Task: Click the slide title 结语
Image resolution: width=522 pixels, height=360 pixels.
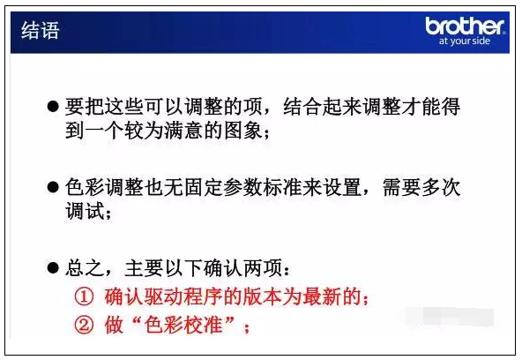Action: [41, 30]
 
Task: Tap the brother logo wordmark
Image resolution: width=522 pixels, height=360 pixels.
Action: [465, 26]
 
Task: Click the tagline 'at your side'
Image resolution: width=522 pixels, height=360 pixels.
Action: [465, 41]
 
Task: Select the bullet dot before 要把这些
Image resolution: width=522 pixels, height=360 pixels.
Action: [53, 107]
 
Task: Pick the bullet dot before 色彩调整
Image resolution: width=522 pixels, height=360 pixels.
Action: [53, 187]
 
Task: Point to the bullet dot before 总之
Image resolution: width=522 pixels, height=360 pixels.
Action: [53, 267]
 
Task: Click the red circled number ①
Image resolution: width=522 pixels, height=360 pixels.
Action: [84, 296]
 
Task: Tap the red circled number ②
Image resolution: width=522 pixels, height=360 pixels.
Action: [84, 325]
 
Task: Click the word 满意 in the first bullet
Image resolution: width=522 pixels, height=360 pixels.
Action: [183, 131]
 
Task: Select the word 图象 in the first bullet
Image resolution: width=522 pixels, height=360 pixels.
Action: [243, 131]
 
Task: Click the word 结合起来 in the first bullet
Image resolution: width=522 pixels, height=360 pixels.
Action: [322, 107]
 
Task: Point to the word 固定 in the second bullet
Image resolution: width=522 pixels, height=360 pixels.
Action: [203, 187]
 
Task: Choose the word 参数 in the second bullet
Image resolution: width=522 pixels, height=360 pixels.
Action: [242, 187]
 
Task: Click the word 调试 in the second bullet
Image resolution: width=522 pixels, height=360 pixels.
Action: [85, 211]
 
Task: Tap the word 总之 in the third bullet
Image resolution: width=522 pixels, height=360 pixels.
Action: [85, 267]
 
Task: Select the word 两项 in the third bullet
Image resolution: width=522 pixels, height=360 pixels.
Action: [263, 267]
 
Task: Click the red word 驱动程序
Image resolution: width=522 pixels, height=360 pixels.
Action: [183, 296]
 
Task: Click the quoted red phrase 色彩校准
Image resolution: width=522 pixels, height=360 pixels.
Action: [183, 325]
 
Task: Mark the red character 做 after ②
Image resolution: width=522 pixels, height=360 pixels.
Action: [115, 325]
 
